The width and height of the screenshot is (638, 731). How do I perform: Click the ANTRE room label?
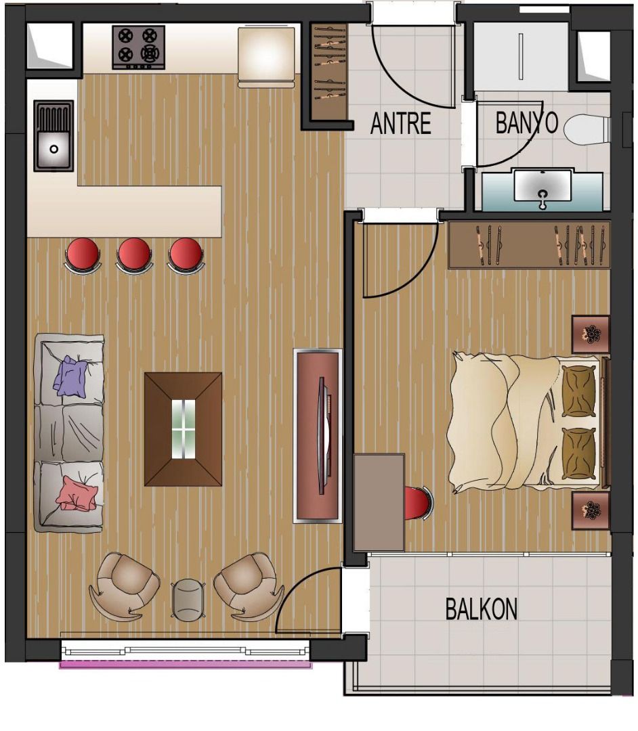(401, 124)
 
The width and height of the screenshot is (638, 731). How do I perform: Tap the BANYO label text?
(526, 123)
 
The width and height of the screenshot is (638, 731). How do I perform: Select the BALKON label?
(482, 608)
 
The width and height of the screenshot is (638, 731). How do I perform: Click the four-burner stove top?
(139, 47)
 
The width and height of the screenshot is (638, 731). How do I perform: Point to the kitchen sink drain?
(54, 149)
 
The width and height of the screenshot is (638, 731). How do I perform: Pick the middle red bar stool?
(134, 255)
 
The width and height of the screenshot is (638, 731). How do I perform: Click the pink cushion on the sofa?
(77, 493)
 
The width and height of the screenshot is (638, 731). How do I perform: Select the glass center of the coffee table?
(184, 429)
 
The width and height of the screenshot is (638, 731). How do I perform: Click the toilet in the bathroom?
(587, 129)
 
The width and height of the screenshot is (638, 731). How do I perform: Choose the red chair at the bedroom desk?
(419, 502)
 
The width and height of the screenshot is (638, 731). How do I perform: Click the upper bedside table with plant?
(591, 334)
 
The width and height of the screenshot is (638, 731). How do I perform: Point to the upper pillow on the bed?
(579, 391)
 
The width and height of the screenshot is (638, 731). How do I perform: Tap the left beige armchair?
(125, 586)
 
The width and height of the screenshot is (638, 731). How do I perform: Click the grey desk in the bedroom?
(379, 502)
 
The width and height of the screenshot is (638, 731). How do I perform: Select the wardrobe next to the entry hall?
(329, 69)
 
